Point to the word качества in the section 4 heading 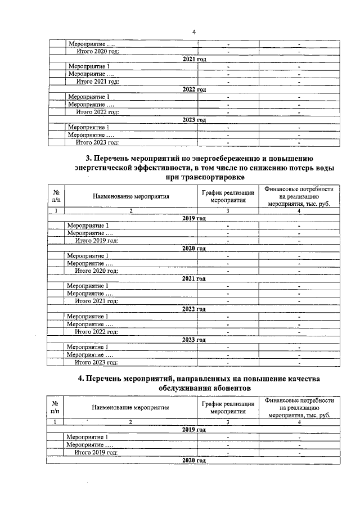pos(306,379)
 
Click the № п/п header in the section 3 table pos(56,196)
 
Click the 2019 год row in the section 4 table pos(194,429)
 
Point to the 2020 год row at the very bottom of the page pos(194,460)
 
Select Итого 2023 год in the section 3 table pos(97,363)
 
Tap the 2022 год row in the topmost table pos(194,89)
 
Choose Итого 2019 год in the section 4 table pos(97,452)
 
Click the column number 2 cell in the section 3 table pos(130,210)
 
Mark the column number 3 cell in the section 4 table pos(228,422)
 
